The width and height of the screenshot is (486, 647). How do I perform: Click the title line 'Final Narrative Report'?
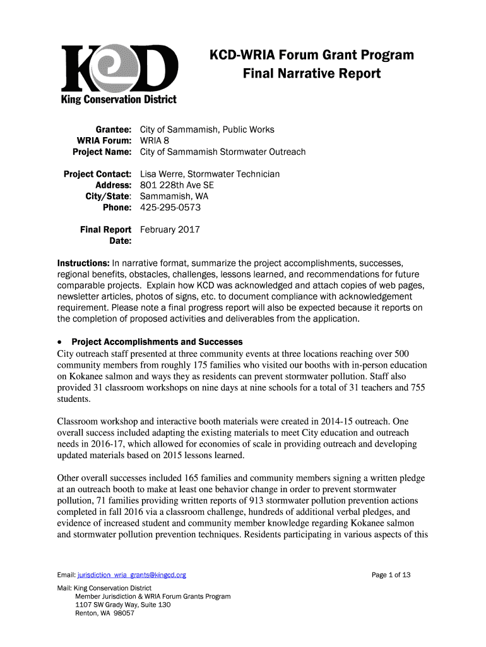click(312, 74)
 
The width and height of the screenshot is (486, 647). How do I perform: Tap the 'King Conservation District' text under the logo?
click(119, 100)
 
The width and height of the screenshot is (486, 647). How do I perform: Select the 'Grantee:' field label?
click(112, 130)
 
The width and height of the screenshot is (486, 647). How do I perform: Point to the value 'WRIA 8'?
click(155, 140)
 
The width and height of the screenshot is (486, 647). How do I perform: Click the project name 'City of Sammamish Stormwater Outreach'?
click(223, 152)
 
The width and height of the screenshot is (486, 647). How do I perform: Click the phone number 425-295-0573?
click(169, 207)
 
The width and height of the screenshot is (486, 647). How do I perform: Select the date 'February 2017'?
click(170, 229)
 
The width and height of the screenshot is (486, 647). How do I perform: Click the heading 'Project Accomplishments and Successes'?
click(157, 342)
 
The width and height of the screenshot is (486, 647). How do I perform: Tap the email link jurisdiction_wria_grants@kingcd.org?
click(132, 575)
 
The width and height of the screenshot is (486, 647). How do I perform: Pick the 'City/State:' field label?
click(108, 196)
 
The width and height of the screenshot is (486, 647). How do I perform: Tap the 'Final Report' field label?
click(105, 229)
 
